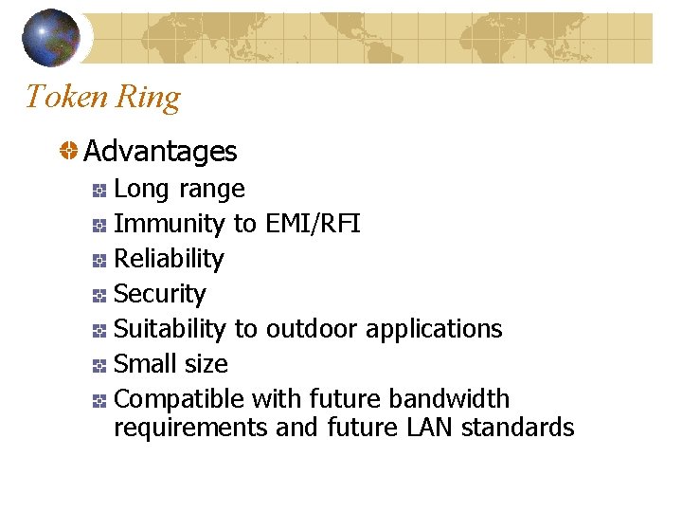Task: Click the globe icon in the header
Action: (x=50, y=37)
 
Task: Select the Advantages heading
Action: (x=160, y=151)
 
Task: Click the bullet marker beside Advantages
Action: (x=69, y=151)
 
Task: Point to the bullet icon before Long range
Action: (x=99, y=191)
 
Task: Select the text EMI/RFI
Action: (x=313, y=224)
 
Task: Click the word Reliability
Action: (x=169, y=259)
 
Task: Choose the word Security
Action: (x=159, y=294)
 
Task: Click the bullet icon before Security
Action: (x=99, y=296)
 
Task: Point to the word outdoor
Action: (x=312, y=329)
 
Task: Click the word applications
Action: (x=434, y=329)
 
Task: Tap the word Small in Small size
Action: (x=142, y=364)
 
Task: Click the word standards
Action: (x=517, y=428)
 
